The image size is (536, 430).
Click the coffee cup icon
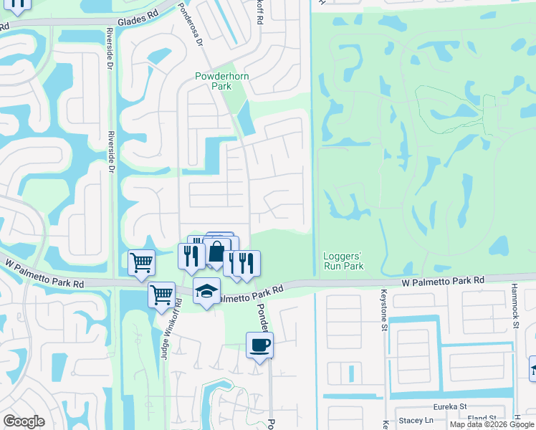pos(259,345)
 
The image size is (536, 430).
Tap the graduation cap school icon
pos(206,291)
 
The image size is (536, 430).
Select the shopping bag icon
pos(216,252)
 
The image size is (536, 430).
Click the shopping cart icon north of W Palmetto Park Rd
pos(142,262)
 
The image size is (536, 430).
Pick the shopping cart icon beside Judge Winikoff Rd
pos(162,294)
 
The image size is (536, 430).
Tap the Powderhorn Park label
pos(214,81)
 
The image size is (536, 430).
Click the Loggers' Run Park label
pos(343,261)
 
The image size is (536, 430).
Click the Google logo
pos(24,421)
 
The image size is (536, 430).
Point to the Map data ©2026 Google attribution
pos(492,424)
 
